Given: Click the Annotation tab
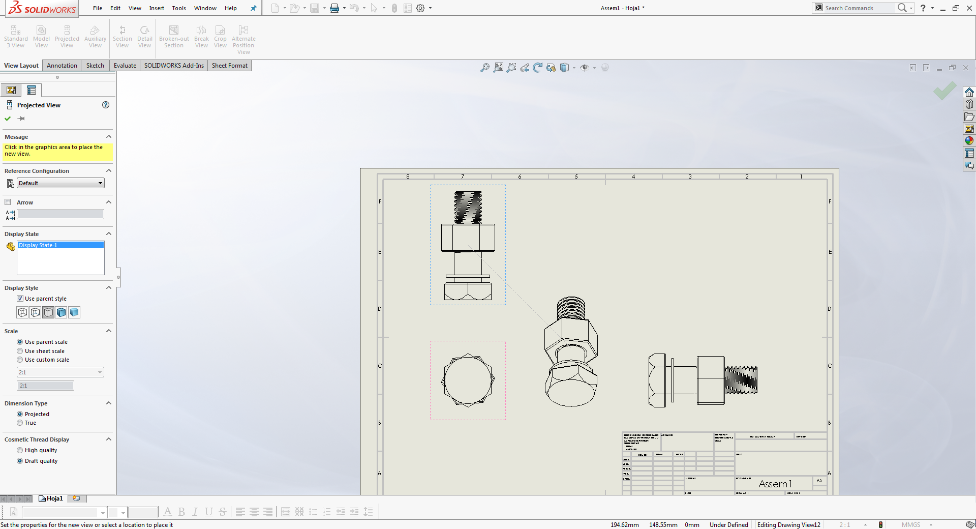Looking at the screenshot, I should [x=62, y=66].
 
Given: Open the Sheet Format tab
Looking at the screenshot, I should [x=229, y=66].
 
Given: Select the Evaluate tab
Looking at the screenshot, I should [x=125, y=66].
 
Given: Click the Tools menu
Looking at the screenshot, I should [x=179, y=8].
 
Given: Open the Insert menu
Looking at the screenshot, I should [x=157, y=8].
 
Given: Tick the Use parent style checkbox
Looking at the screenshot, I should [x=20, y=299].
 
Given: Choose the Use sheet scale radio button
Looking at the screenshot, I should [x=20, y=351].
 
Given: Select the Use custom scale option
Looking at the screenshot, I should [x=20, y=360].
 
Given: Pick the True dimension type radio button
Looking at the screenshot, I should [x=20, y=423].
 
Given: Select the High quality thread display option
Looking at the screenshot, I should [x=20, y=450].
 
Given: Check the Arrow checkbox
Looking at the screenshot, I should [x=8, y=202].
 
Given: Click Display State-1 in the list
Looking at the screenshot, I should [x=38, y=245].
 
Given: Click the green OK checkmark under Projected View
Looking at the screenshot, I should [x=8, y=119].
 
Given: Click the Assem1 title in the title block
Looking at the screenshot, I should [x=775, y=484].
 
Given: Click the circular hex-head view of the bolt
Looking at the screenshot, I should [x=468, y=380].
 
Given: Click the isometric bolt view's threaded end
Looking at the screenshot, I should [x=571, y=308].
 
